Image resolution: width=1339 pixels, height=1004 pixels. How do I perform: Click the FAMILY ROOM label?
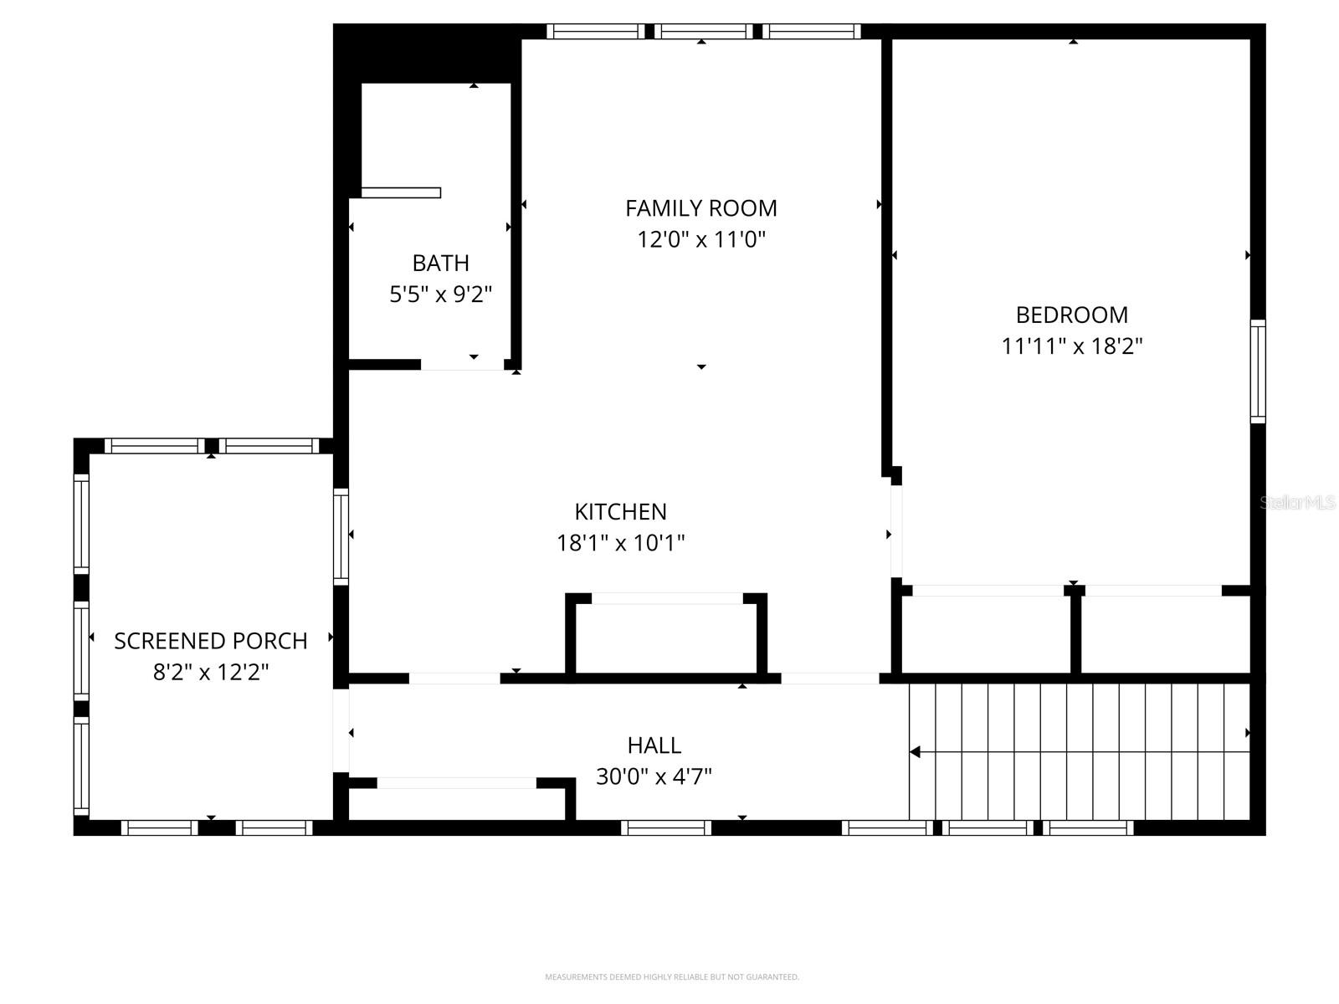pyautogui.click(x=701, y=207)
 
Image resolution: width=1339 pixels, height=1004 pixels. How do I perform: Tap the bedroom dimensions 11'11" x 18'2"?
pyautogui.click(x=1072, y=346)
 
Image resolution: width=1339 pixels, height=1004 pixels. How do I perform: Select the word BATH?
pyautogui.click(x=440, y=263)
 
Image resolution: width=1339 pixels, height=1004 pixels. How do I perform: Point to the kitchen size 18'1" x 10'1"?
pyautogui.click(x=621, y=543)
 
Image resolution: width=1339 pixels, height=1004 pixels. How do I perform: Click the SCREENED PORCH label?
pyautogui.click(x=211, y=641)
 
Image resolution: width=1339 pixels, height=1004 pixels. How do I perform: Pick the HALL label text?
pyautogui.click(x=654, y=745)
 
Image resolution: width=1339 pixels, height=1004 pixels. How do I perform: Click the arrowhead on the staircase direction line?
pyautogui.click(x=916, y=752)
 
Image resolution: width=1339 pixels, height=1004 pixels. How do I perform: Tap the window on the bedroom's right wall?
pyautogui.click(x=1257, y=370)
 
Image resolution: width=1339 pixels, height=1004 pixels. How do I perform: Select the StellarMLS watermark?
pyautogui.click(x=1297, y=503)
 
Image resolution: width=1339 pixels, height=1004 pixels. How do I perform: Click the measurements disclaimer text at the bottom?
pyautogui.click(x=672, y=976)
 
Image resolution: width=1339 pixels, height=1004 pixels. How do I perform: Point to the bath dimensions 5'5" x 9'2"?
pyautogui.click(x=440, y=295)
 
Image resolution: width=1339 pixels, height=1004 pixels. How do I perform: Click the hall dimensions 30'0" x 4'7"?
pyautogui.click(x=654, y=776)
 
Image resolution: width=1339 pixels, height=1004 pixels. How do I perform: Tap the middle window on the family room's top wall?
pyautogui.click(x=703, y=32)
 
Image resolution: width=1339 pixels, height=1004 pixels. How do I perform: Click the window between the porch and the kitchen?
pyautogui.click(x=341, y=535)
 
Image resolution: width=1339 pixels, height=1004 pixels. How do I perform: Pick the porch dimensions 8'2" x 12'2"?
pyautogui.click(x=211, y=672)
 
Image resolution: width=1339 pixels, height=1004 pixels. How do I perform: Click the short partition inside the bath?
pyautogui.click(x=401, y=193)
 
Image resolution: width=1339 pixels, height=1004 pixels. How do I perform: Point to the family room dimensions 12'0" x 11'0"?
pyautogui.click(x=701, y=240)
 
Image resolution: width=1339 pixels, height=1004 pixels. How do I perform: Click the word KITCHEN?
pyautogui.click(x=621, y=511)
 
